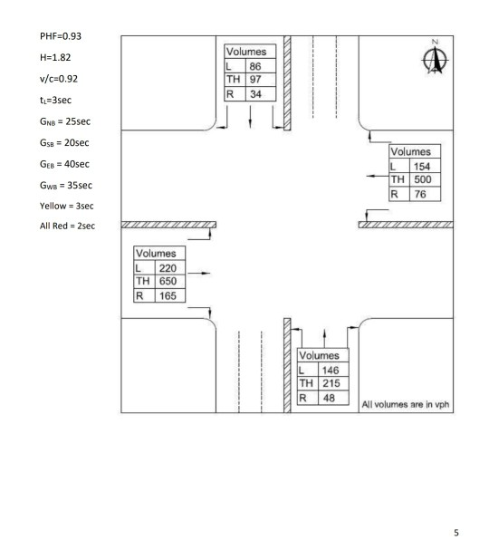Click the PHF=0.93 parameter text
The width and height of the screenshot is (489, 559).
pyautogui.click(x=61, y=36)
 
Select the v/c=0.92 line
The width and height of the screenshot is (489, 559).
pyautogui.click(x=59, y=79)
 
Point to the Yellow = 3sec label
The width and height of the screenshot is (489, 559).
pyautogui.click(x=67, y=206)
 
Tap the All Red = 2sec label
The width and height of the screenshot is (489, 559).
pyautogui.click(x=67, y=226)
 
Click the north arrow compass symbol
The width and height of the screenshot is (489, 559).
pyautogui.click(x=436, y=58)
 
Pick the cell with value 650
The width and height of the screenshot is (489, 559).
pyautogui.click(x=170, y=281)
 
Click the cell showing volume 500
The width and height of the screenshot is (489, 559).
pyautogui.click(x=426, y=179)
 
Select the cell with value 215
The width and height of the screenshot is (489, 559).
pyautogui.click(x=333, y=383)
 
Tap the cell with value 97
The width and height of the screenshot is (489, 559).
pyautogui.click(x=261, y=79)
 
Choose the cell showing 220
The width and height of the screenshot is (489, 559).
pyautogui.click(x=170, y=268)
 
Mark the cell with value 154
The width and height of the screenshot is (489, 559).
pyautogui.click(x=426, y=166)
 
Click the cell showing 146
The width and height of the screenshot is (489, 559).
pyautogui.click(x=333, y=370)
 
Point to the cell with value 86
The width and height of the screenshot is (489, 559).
pyautogui.click(x=261, y=66)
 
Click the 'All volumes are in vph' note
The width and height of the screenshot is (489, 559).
pyautogui.click(x=406, y=404)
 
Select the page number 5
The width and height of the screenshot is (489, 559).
pyautogui.click(x=456, y=533)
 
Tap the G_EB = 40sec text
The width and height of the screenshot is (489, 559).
pyautogui.click(x=64, y=164)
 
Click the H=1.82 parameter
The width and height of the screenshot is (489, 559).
pyautogui.click(x=55, y=57)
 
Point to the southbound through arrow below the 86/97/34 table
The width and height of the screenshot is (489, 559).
pyautogui.click(x=250, y=117)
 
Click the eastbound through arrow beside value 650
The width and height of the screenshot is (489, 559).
pyautogui.click(x=199, y=273)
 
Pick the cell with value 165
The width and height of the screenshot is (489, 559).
pyautogui.click(x=170, y=295)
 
